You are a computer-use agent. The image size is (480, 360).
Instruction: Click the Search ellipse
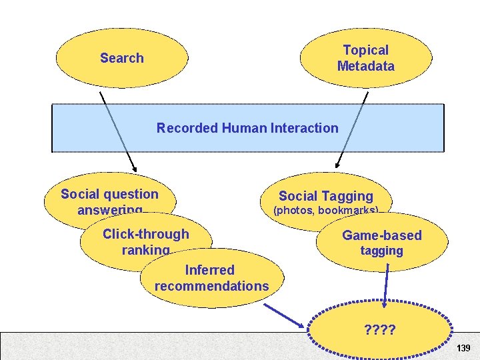coord(121,58)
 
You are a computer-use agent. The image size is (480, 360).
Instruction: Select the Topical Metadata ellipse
coord(365,57)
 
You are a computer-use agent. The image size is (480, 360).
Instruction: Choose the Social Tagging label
coord(325,196)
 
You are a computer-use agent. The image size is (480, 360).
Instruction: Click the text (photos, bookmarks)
coord(325,211)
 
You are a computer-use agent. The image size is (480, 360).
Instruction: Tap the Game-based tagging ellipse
coord(381,242)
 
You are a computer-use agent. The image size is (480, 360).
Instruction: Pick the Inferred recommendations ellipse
coord(211,278)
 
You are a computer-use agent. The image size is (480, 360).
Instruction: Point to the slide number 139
coord(463,348)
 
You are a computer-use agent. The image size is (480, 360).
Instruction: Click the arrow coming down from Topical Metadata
coord(352,129)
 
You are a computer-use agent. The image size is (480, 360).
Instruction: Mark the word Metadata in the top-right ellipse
coord(365,66)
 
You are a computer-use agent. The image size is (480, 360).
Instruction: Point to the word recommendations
coord(211,286)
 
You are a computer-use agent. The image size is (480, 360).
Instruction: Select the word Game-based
coord(381,235)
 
